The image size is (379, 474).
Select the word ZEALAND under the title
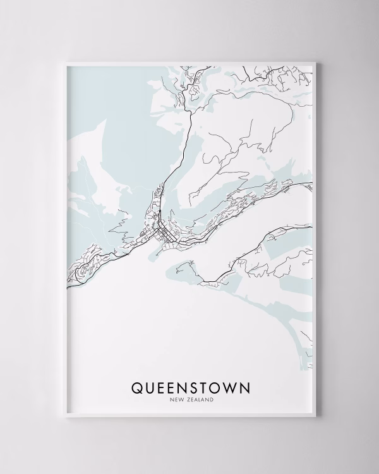click(198, 399)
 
